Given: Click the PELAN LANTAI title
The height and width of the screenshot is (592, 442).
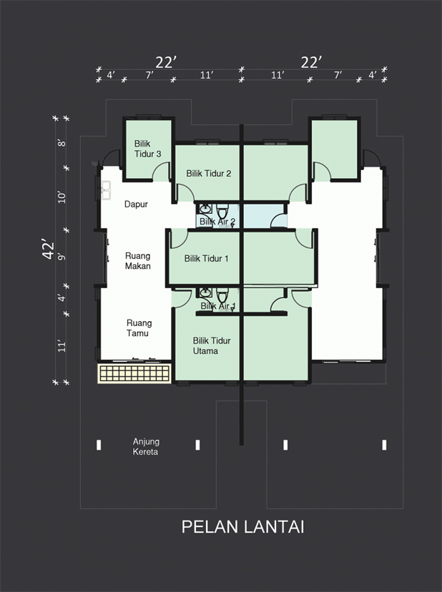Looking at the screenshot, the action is (242, 527).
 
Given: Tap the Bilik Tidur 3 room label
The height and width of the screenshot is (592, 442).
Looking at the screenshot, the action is (148, 149).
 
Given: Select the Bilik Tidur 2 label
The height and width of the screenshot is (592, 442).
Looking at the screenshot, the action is (209, 174).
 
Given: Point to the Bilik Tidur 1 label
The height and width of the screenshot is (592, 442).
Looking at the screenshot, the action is (206, 259).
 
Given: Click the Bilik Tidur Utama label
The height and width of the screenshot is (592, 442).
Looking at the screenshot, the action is (212, 346).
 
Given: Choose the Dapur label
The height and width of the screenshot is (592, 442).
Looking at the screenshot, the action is (136, 204).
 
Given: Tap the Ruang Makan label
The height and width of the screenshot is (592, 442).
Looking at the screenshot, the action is (138, 261).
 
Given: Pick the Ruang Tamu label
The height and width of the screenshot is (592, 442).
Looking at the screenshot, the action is (139, 328).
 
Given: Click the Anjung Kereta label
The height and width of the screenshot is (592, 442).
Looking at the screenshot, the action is (146, 447).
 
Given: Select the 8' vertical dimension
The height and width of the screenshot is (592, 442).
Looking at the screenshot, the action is (62, 143).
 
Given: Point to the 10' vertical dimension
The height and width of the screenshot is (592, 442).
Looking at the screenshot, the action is (62, 197).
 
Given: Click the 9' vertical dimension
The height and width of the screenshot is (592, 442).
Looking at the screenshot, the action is (62, 257).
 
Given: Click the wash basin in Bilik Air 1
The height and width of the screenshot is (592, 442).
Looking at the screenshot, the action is (205, 292).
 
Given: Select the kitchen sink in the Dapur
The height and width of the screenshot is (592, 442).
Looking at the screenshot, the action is (106, 190).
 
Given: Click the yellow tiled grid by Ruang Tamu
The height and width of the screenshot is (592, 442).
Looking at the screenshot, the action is (134, 373).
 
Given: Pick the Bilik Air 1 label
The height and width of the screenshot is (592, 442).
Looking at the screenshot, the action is (218, 306).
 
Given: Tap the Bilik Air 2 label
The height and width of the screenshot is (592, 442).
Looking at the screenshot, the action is (217, 222).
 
